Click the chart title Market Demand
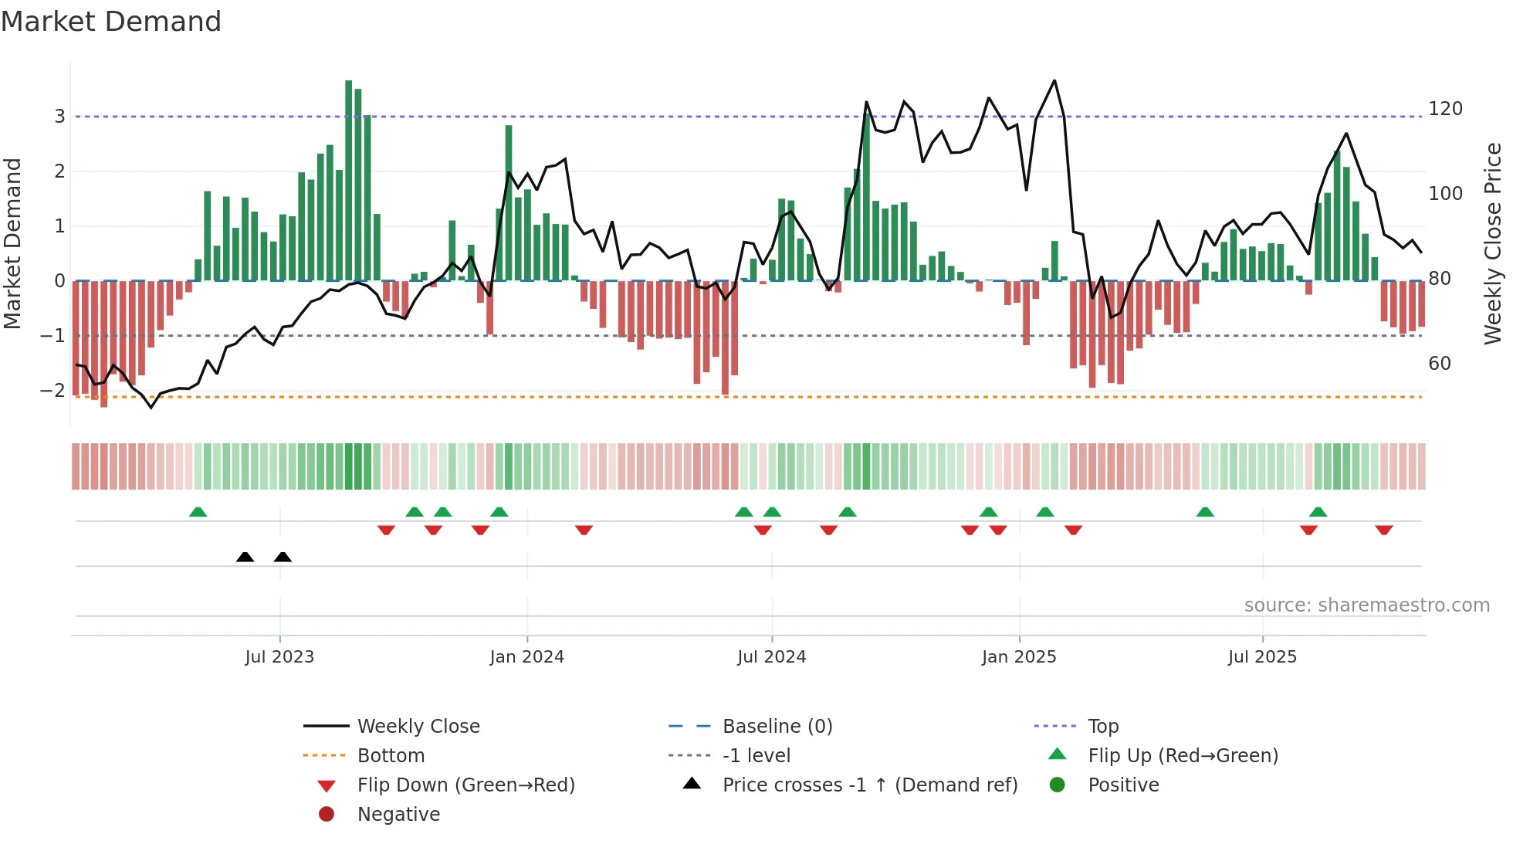(x=111, y=22)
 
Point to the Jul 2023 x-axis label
(x=279, y=657)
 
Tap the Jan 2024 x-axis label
(x=526, y=657)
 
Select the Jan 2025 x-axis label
(x=1019, y=657)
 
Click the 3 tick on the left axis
(x=59, y=117)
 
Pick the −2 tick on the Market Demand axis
(x=52, y=391)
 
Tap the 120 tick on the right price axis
(x=1445, y=109)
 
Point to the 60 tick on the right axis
(x=1440, y=364)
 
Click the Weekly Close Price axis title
(x=1493, y=243)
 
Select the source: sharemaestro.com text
(x=1366, y=605)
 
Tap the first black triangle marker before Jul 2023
(x=245, y=557)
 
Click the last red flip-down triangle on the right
(x=1383, y=530)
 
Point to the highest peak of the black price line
(x=1054, y=80)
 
